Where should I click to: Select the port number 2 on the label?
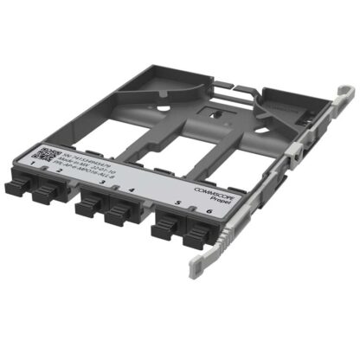[x=59, y=171]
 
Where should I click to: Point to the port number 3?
[x=102, y=184]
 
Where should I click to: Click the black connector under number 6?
[x=197, y=235]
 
